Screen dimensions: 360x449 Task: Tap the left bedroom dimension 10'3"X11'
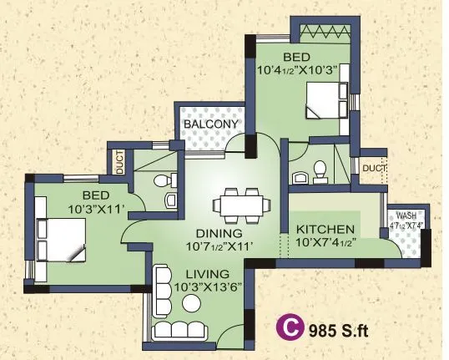(86, 208)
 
